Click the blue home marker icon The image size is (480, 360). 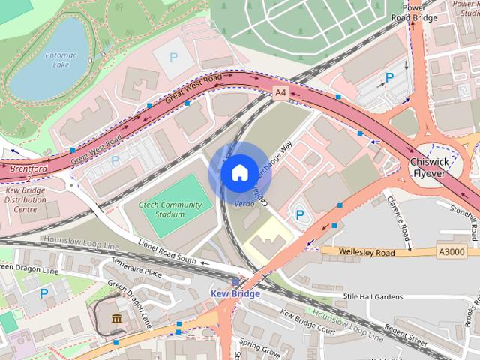[238, 173]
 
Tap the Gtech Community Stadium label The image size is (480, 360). [172, 209]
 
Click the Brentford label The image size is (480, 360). [28, 169]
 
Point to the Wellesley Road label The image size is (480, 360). [367, 253]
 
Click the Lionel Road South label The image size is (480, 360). [167, 251]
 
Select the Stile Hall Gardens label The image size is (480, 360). [373, 297]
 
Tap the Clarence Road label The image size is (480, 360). [397, 220]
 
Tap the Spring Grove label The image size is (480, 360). [259, 351]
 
